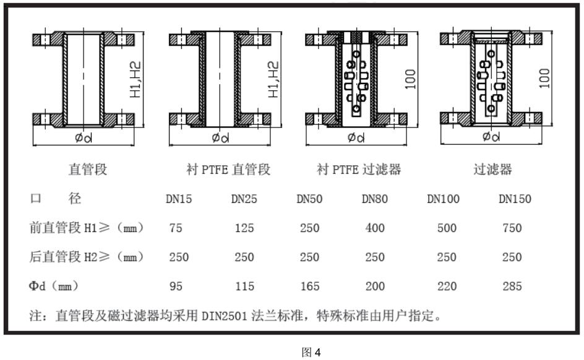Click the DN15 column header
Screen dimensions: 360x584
[179, 199]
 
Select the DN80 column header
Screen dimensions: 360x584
[376, 199]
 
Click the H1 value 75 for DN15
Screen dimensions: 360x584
[176, 228]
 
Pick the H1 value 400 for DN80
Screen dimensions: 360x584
[375, 228]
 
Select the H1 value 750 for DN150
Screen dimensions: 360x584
[512, 228]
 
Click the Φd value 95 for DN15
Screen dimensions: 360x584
[176, 286]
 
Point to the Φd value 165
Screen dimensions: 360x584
[310, 286]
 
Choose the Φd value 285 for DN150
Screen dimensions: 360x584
[512, 286]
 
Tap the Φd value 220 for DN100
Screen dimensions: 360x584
[447, 286]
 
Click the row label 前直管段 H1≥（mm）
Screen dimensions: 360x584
[87, 228]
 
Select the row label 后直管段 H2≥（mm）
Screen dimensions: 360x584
[87, 257]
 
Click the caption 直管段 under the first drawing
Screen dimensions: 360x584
[87, 169]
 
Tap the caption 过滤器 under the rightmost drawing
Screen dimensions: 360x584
[493, 169]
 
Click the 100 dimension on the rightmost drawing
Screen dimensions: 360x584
[545, 79]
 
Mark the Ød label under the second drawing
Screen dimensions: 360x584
[220, 137]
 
